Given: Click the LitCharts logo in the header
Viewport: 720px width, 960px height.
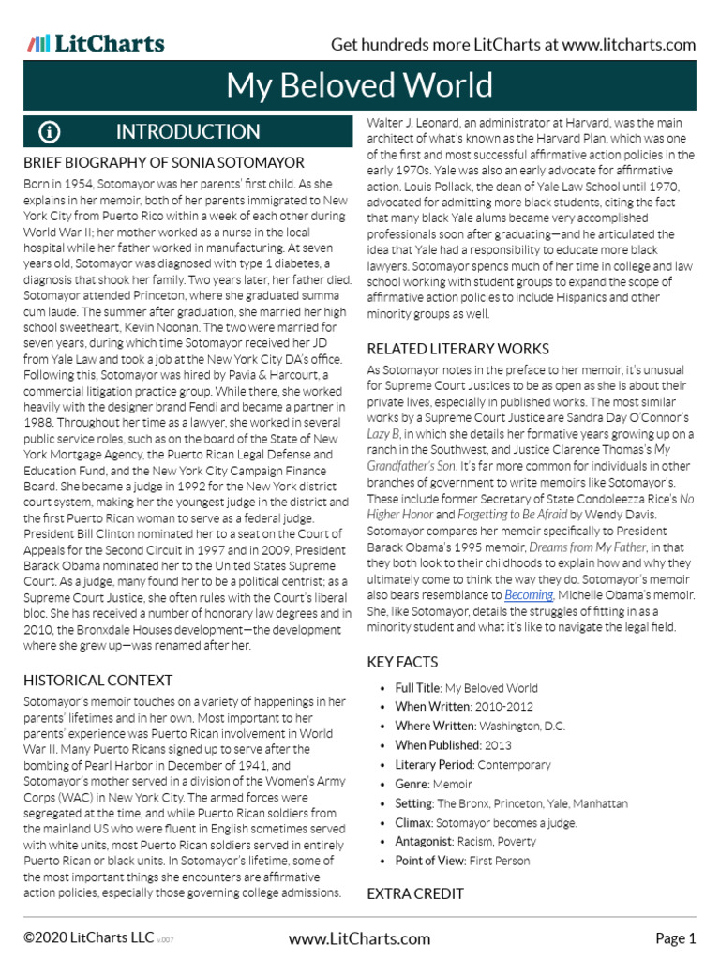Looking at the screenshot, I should (x=96, y=44).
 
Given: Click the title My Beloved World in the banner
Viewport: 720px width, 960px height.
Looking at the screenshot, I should (x=359, y=85).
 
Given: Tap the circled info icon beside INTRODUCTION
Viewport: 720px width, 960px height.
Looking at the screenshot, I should (x=49, y=131).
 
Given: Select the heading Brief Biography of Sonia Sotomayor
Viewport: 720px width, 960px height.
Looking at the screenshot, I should (x=163, y=162).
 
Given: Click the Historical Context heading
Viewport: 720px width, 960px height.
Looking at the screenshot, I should (x=97, y=680).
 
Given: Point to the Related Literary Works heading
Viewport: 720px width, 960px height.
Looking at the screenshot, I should (x=457, y=349).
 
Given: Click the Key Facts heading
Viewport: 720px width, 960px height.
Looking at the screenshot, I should (x=402, y=662).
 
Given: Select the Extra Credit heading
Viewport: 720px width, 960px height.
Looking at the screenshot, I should (x=415, y=893).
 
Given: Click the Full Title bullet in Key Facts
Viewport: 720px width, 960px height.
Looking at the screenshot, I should (x=466, y=688).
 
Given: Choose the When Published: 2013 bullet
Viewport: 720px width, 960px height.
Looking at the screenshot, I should (x=453, y=745).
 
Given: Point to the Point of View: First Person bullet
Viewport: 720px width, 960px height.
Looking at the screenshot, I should (x=462, y=861).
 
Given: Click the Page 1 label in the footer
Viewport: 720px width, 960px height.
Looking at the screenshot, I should (x=675, y=938).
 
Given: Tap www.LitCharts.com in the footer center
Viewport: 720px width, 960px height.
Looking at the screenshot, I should (x=359, y=938).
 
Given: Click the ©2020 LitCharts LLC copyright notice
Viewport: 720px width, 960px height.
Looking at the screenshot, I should (x=89, y=938).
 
